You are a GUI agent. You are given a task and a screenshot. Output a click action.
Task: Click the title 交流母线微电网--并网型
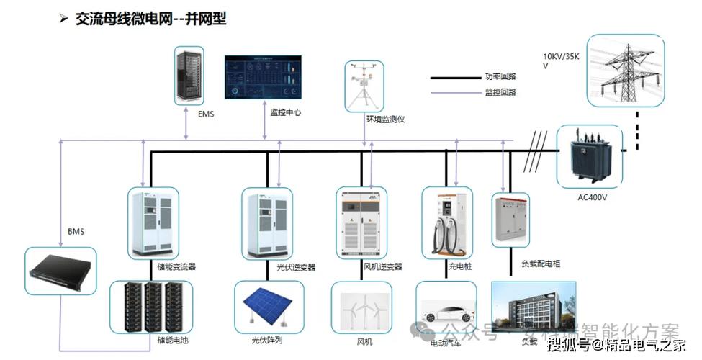tap(150, 19)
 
